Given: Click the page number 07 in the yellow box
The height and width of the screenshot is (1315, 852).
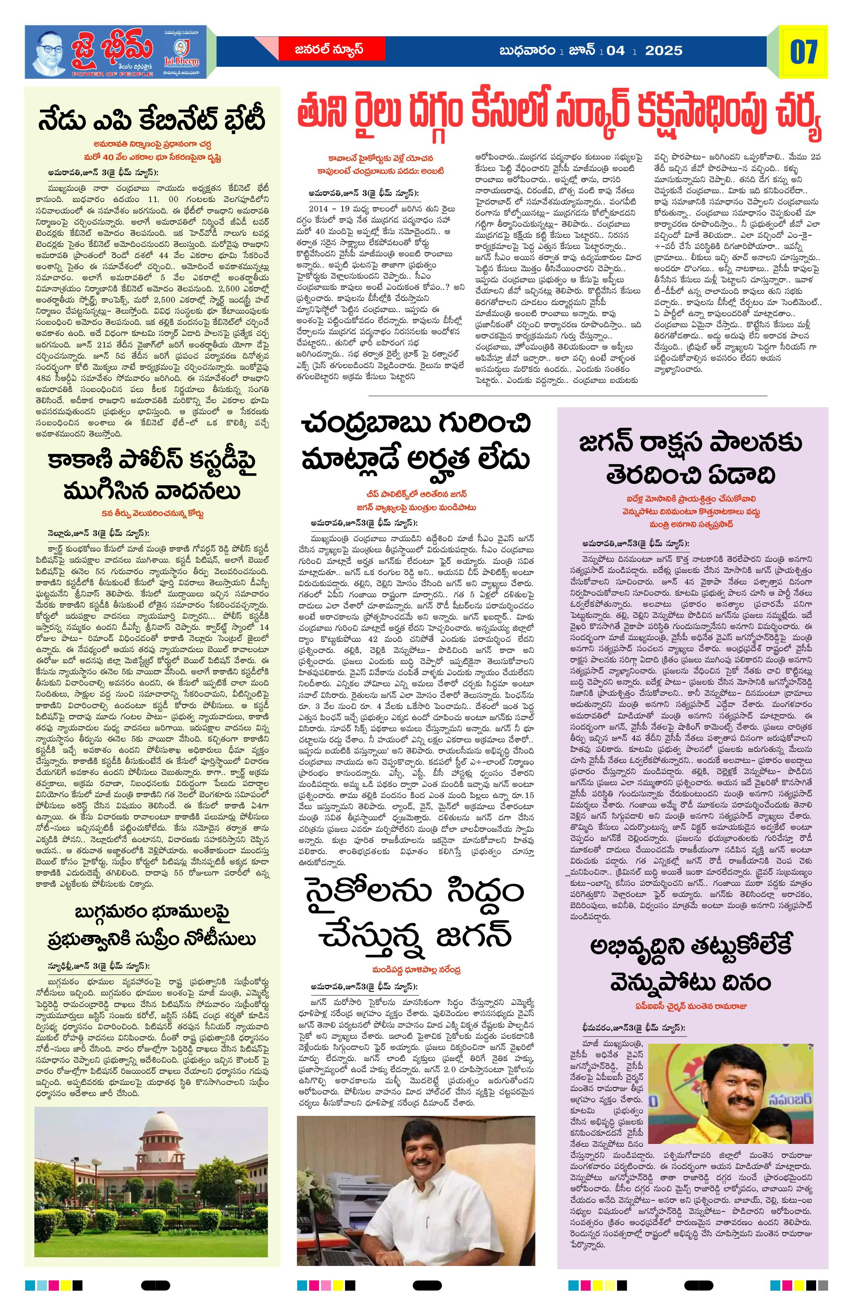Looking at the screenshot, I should point(803,52).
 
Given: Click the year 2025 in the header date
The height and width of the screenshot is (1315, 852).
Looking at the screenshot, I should point(664,51).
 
